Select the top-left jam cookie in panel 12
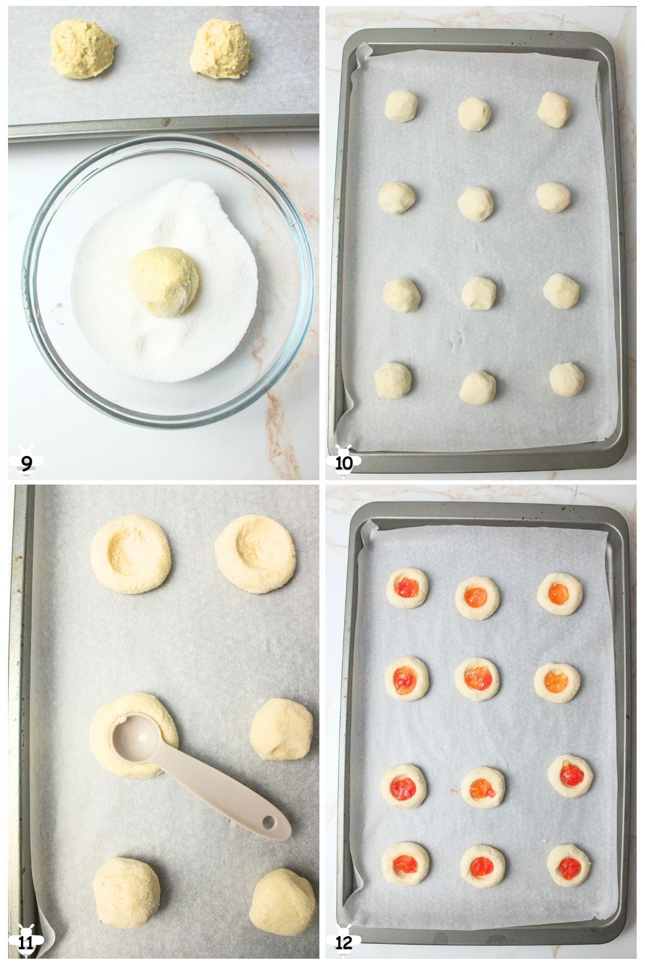click(x=407, y=588)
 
